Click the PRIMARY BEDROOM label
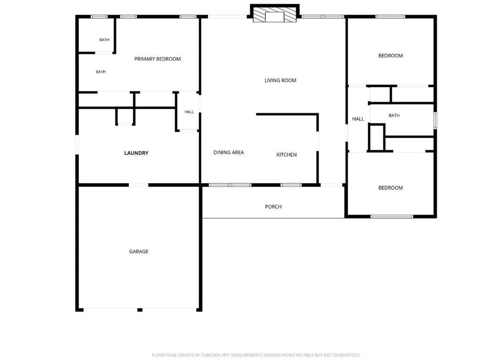pos(157,59)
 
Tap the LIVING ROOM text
pos(280,81)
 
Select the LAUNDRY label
pos(136,153)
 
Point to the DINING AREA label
pos(229,152)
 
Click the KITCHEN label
pos(286,155)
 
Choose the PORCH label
pos(273,207)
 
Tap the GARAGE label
pos(139,252)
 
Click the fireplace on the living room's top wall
pos(275,14)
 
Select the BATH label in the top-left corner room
pos(104,40)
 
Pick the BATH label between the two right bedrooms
pos(394,115)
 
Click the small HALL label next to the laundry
pos(189,112)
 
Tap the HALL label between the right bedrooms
pos(358,119)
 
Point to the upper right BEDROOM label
pos(390,56)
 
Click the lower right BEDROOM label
pos(390,188)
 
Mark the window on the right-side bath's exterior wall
pos(435,120)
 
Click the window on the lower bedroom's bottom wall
pos(392,217)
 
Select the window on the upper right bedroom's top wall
pos(390,16)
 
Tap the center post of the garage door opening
pos(140,310)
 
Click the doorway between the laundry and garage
pos(138,185)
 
